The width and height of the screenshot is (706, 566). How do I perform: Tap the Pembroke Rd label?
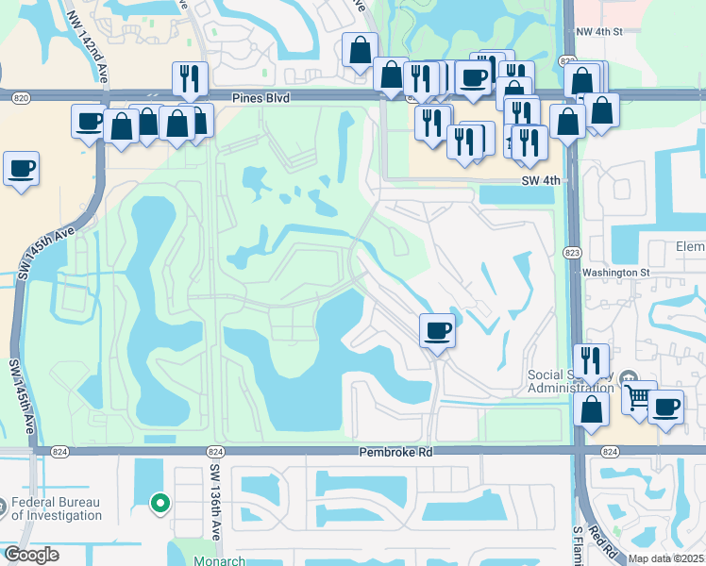(395, 453)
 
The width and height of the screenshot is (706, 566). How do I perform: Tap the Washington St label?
(616, 273)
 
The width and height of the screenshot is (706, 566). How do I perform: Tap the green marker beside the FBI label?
(160, 504)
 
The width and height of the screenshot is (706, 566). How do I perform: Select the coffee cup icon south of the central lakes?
(437, 330)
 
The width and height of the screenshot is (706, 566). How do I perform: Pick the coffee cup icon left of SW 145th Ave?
(21, 169)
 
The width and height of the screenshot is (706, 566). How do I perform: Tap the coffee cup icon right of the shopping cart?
(665, 408)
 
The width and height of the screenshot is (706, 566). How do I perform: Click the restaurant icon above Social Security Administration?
(591, 360)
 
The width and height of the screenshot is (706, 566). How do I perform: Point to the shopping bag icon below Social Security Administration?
(591, 411)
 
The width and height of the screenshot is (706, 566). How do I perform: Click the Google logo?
(31, 555)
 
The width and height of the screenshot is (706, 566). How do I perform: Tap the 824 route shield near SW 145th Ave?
(59, 452)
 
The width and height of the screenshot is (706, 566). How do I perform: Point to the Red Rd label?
(598, 541)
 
